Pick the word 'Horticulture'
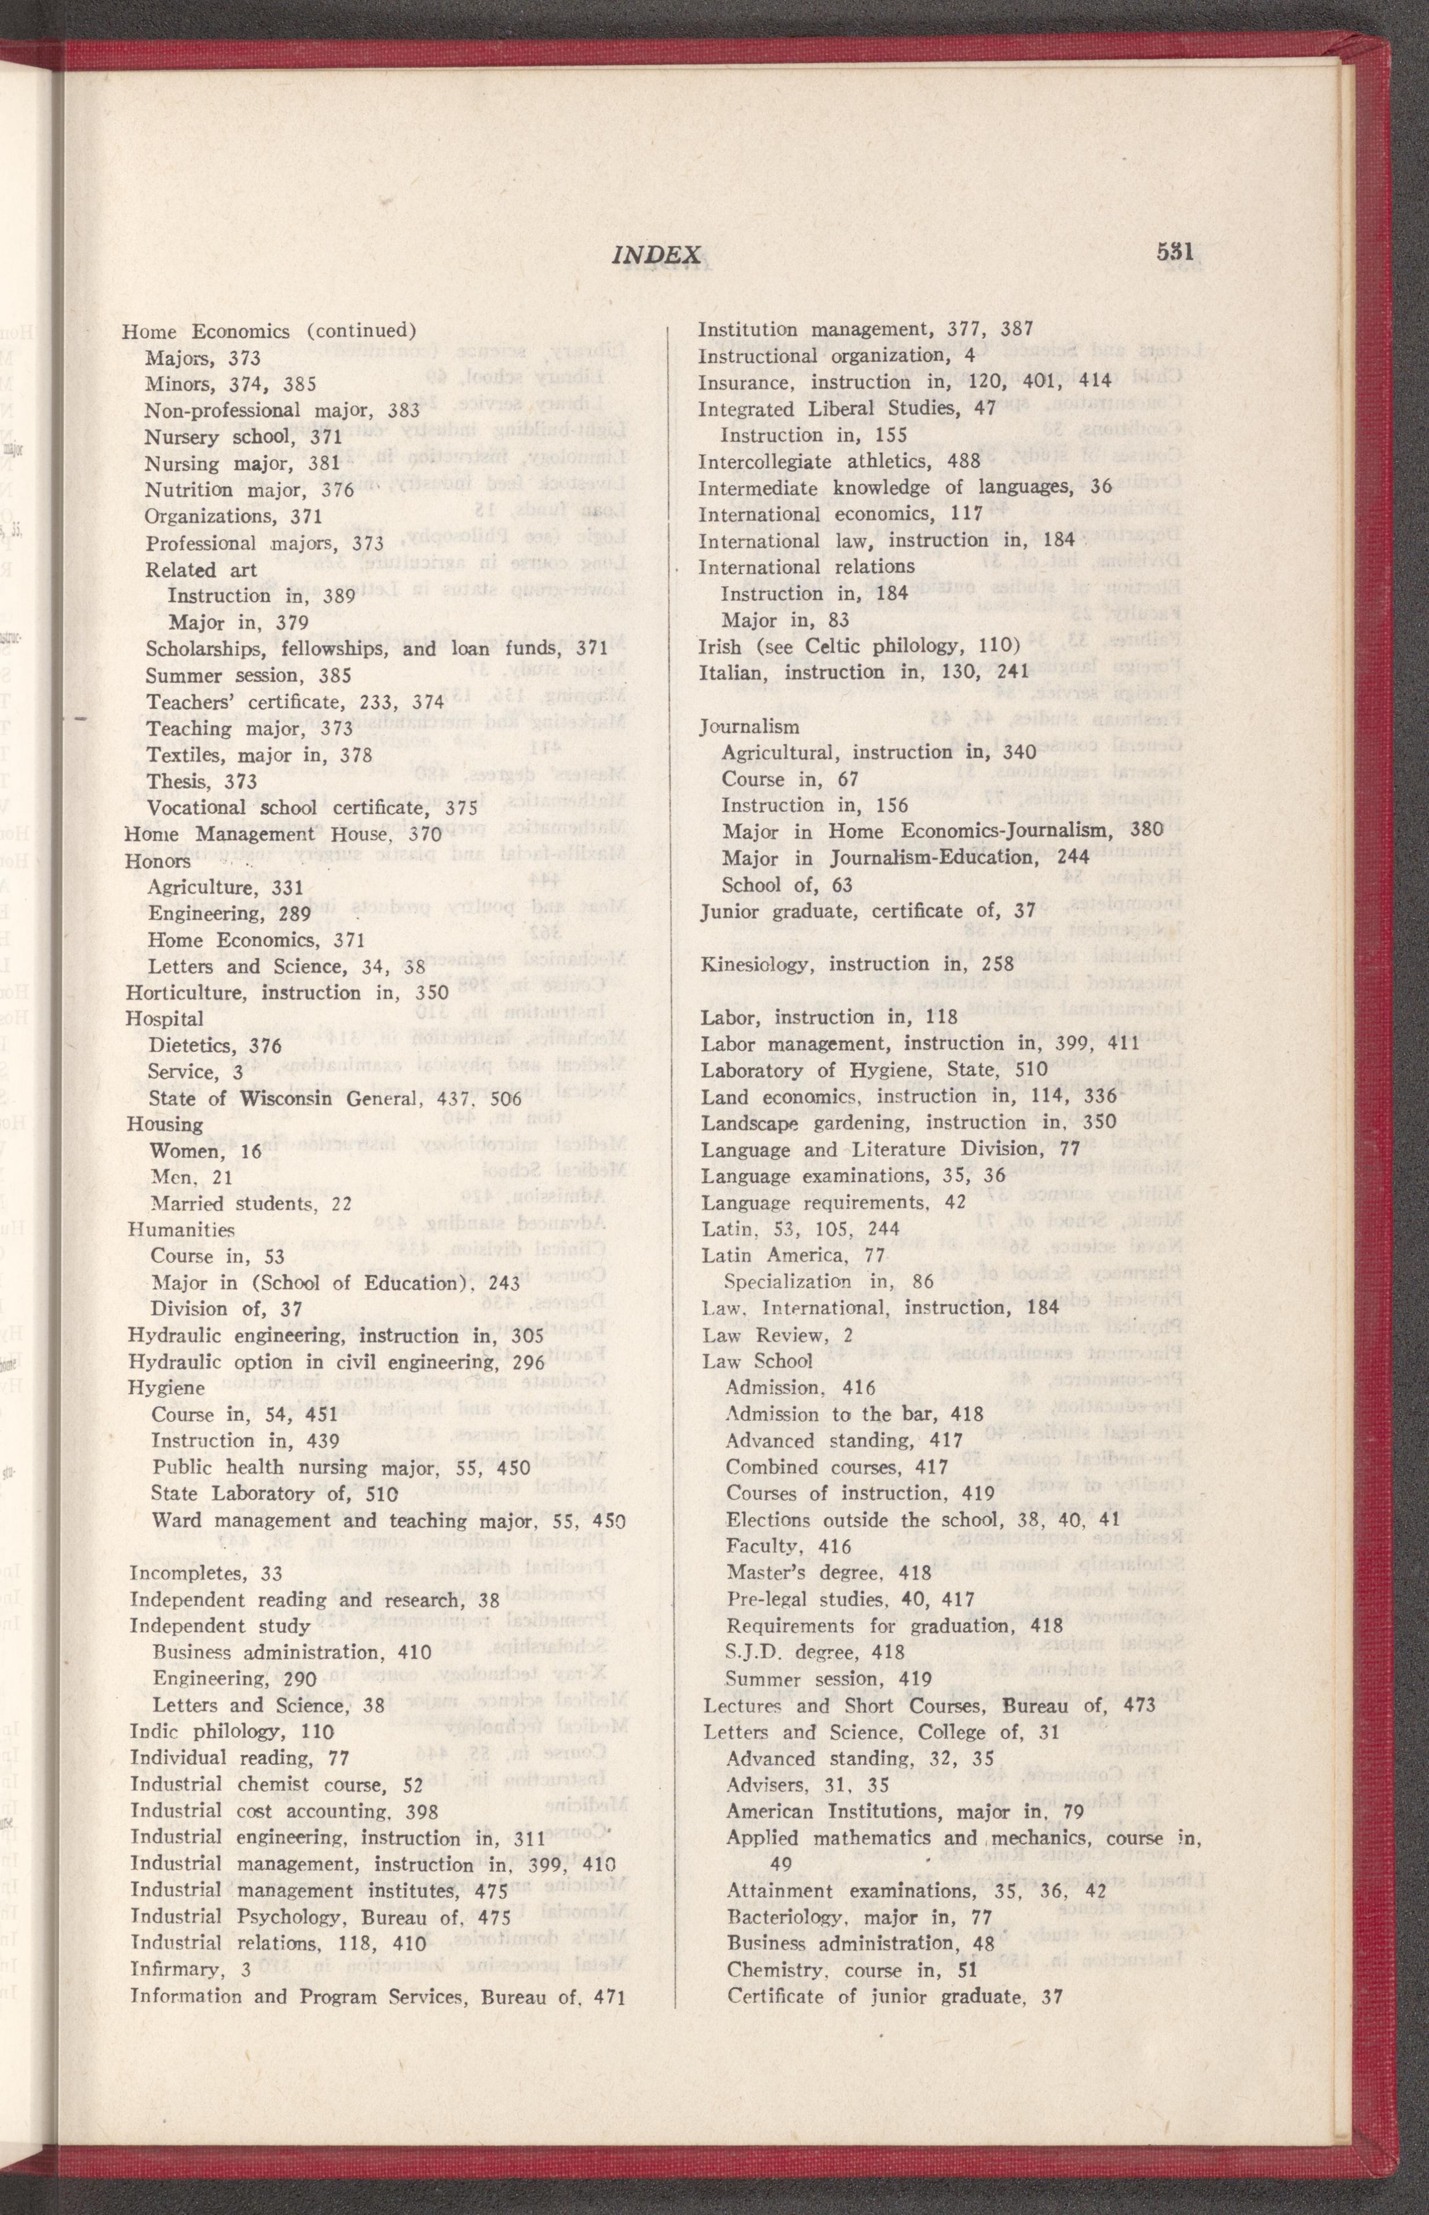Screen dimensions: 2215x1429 (x=189, y=993)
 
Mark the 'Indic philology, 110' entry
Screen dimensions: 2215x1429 (x=232, y=1731)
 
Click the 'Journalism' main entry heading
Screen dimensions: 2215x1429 (x=749, y=726)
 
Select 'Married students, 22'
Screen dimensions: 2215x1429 (x=251, y=1204)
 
